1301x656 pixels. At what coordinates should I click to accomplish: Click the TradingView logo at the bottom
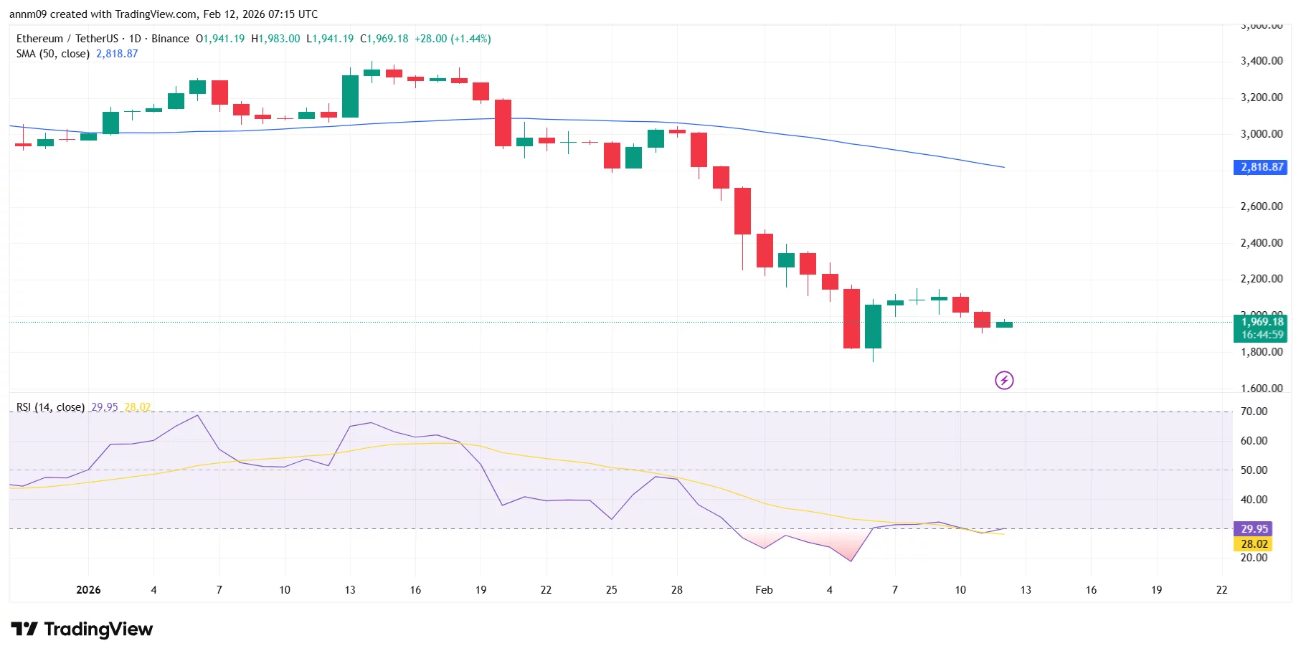pos(82,629)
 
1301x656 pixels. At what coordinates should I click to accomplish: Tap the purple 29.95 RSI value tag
pos(1254,529)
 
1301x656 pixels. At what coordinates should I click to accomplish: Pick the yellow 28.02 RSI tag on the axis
pos(1254,544)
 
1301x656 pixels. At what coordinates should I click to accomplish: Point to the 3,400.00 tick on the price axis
pos(1261,61)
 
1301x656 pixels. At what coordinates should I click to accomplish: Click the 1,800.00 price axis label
pos(1261,352)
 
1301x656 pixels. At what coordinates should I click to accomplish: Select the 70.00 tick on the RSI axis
pos(1254,412)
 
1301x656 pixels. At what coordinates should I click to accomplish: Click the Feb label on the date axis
pos(764,590)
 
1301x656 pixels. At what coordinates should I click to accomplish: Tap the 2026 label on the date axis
pos(88,590)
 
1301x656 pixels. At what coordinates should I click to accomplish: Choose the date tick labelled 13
pos(350,590)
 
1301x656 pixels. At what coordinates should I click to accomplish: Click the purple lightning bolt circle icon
pos(1004,381)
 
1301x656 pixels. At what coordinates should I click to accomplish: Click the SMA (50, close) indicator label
pos(52,54)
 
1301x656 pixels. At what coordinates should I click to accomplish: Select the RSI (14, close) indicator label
pos(50,407)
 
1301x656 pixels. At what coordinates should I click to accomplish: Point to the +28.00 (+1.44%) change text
pos(453,39)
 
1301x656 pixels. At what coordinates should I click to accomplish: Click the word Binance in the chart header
pos(170,39)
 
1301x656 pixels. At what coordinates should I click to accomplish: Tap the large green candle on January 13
pos(350,96)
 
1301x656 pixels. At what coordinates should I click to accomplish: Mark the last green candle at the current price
pos(1004,325)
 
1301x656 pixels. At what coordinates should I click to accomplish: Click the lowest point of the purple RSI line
pos(851,561)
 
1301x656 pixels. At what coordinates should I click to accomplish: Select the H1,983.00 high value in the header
pos(275,39)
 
